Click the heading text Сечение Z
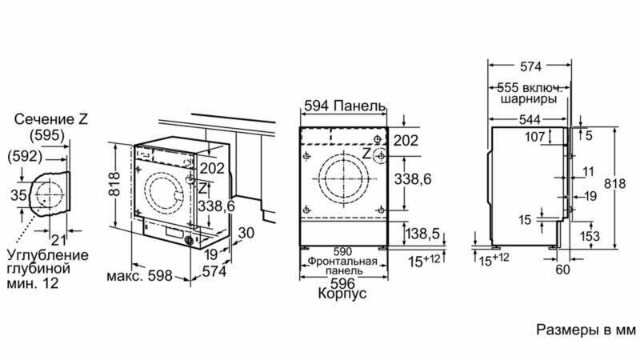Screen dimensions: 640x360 (x=51, y=119)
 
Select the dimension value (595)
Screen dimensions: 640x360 (x=48, y=135)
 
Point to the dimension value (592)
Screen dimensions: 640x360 (x=25, y=156)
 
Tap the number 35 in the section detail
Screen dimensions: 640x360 (x=18, y=195)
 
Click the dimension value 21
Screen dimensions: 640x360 (x=58, y=239)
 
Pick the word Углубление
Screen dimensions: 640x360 (x=48, y=255)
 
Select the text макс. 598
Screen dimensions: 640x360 (x=139, y=276)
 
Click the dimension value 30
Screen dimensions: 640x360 (x=246, y=233)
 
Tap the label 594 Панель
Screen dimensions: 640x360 (x=345, y=106)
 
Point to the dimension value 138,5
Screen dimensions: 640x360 (x=423, y=234)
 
